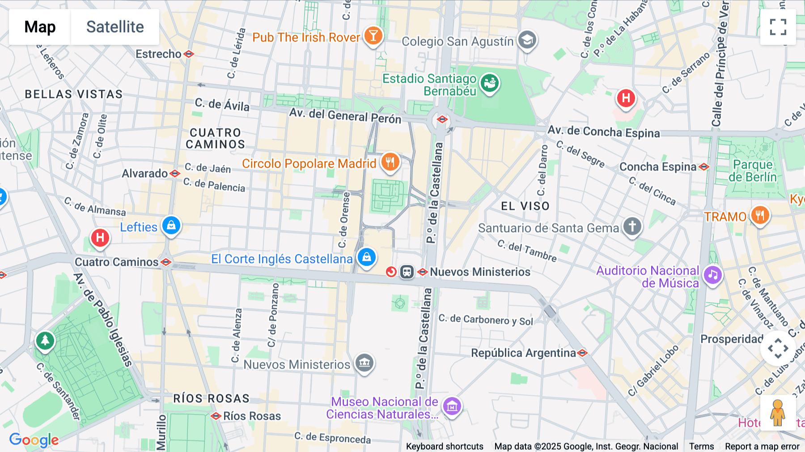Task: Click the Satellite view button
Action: pos(115,27)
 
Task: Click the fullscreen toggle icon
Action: pos(778,27)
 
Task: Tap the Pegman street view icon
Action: pos(778,413)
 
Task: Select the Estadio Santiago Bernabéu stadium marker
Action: pos(490,83)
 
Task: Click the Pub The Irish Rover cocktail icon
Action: pos(373,36)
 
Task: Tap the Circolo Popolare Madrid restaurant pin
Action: pos(390,162)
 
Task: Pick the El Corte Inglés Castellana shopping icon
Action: pos(367,258)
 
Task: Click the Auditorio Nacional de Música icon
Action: pos(713,275)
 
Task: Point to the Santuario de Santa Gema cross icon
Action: pos(632,226)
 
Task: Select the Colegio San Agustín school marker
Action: pos(527,40)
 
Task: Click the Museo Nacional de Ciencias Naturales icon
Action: pos(452,406)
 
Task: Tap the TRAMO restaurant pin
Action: pos(760,216)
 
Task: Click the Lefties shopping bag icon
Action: pos(171,226)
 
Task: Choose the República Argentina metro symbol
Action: pos(582,353)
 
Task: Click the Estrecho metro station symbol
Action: pos(189,54)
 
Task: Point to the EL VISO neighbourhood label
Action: pos(525,206)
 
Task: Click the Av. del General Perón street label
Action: pos(345,115)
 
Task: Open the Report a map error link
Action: pos(762,446)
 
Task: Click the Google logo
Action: pos(34,439)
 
